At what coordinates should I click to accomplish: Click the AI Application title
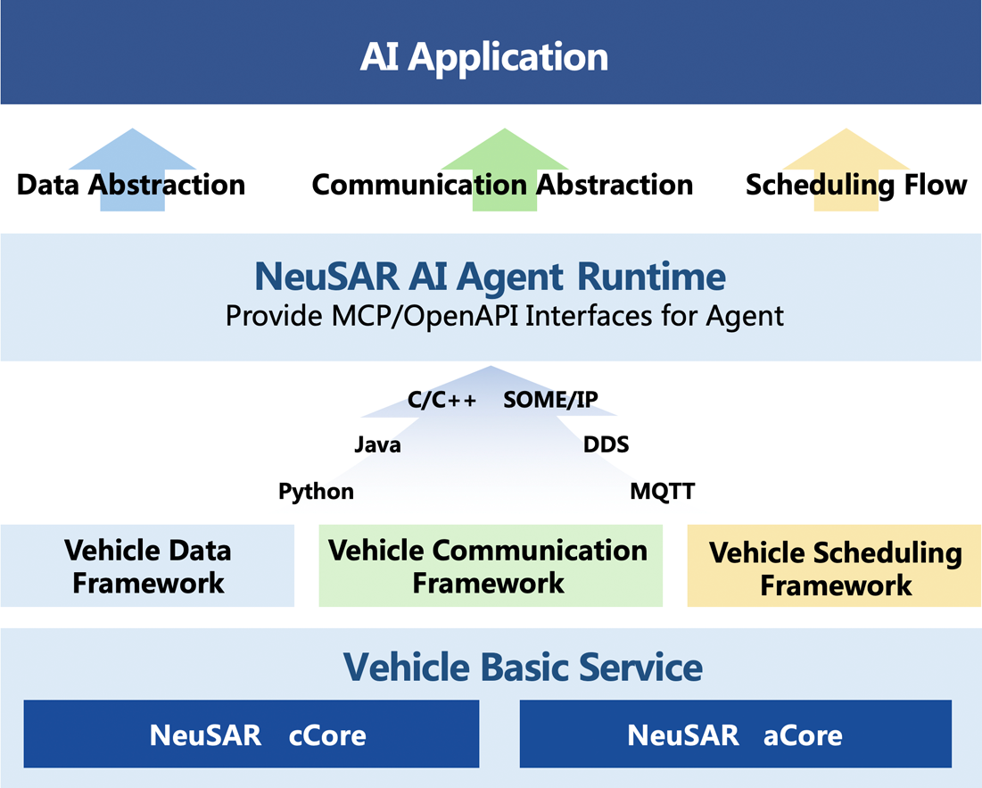click(x=484, y=57)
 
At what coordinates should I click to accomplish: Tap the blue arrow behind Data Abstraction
click(x=132, y=152)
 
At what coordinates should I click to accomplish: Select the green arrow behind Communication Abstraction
click(x=505, y=152)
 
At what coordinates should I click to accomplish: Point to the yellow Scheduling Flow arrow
click(x=846, y=152)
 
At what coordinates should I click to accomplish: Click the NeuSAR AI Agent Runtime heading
click(x=490, y=277)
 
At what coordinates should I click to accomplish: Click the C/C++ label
click(x=442, y=401)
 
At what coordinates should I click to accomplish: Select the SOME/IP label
click(x=550, y=401)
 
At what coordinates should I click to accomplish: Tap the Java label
click(x=377, y=444)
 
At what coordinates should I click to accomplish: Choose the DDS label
click(x=606, y=444)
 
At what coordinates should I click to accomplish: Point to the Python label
click(x=316, y=492)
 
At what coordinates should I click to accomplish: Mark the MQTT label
click(x=662, y=492)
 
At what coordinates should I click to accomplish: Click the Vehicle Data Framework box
click(x=147, y=566)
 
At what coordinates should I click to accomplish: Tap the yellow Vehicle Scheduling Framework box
click(x=835, y=568)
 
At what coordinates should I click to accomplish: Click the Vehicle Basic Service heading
click(x=524, y=667)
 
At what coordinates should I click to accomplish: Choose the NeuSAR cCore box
click(x=252, y=734)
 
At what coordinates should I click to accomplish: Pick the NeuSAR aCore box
click(x=735, y=734)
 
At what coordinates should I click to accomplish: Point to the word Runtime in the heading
click(x=651, y=277)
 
